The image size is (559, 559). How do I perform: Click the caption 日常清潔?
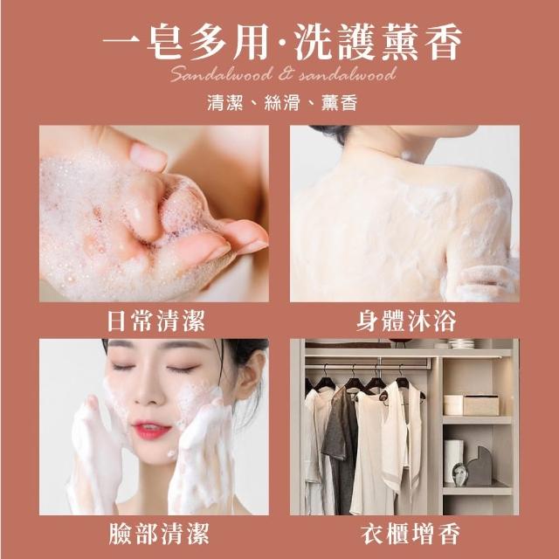pyautogui.click(x=156, y=321)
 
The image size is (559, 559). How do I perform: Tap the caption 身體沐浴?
pyautogui.click(x=406, y=321)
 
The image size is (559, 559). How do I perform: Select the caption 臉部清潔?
pyautogui.click(x=159, y=534)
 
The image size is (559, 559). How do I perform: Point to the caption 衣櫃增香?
pyautogui.click(x=410, y=534)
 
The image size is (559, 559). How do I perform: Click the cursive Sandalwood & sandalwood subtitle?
pyautogui.click(x=283, y=73)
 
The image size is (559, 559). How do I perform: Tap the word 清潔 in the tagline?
pyautogui.click(x=225, y=103)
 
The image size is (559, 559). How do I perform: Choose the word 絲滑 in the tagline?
pyautogui.click(x=281, y=103)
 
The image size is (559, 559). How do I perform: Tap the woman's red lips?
pyautogui.click(x=151, y=430)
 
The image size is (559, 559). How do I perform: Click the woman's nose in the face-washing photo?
pyautogui.click(x=148, y=391)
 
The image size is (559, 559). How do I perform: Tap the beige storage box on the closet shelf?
pyautogui.click(x=480, y=405)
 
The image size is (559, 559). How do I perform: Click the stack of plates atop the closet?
pyautogui.click(x=461, y=343)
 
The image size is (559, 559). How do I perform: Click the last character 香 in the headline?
pyautogui.click(x=443, y=42)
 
